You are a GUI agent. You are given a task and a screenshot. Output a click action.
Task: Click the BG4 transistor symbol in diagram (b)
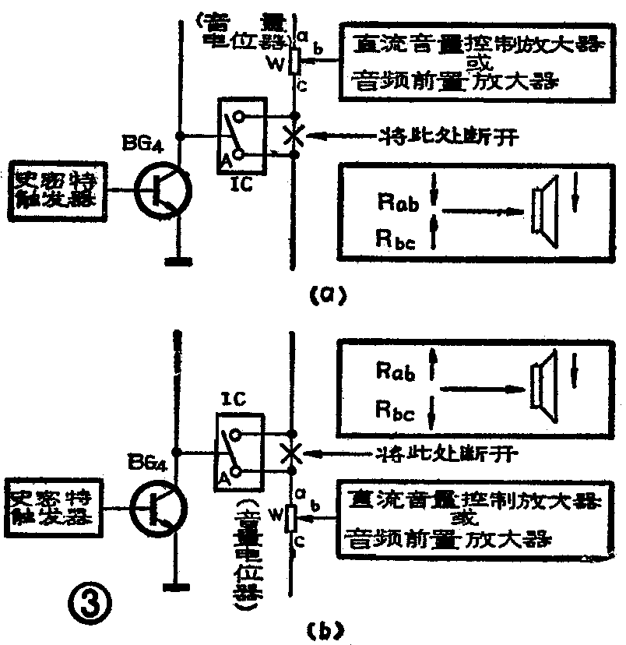point(157,509)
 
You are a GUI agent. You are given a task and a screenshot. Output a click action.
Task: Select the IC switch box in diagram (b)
point(239,450)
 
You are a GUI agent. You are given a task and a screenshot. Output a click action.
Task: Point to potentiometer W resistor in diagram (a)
point(294,62)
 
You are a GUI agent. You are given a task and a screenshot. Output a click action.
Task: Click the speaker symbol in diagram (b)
point(542,384)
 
